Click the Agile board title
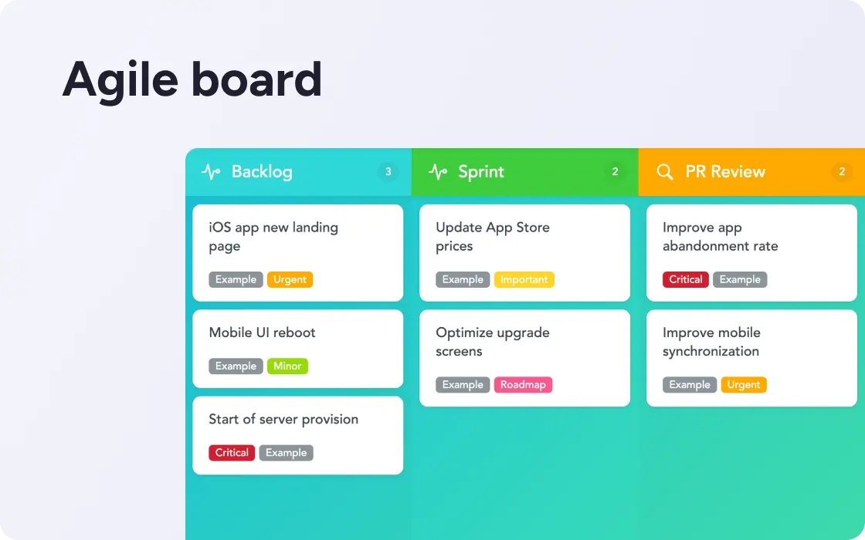pos(192,81)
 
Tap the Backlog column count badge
pos(388,172)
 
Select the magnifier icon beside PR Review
pos(665,172)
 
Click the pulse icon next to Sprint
pos(438,172)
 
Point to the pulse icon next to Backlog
pos(211,172)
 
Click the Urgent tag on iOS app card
pos(290,279)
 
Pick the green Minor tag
pos(287,366)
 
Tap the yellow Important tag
pos(524,279)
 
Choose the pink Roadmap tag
pos(523,385)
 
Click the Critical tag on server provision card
pos(232,452)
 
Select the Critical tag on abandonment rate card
pos(686,279)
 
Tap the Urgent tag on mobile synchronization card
pos(744,385)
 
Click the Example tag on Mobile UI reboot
pos(236,366)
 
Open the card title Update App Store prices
pos(493,236)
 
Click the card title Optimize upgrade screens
pos(493,342)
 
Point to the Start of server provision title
pos(283,420)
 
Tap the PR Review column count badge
pos(842,172)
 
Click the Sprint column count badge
pos(615,172)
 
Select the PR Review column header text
pos(725,172)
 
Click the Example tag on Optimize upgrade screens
pos(463,385)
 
